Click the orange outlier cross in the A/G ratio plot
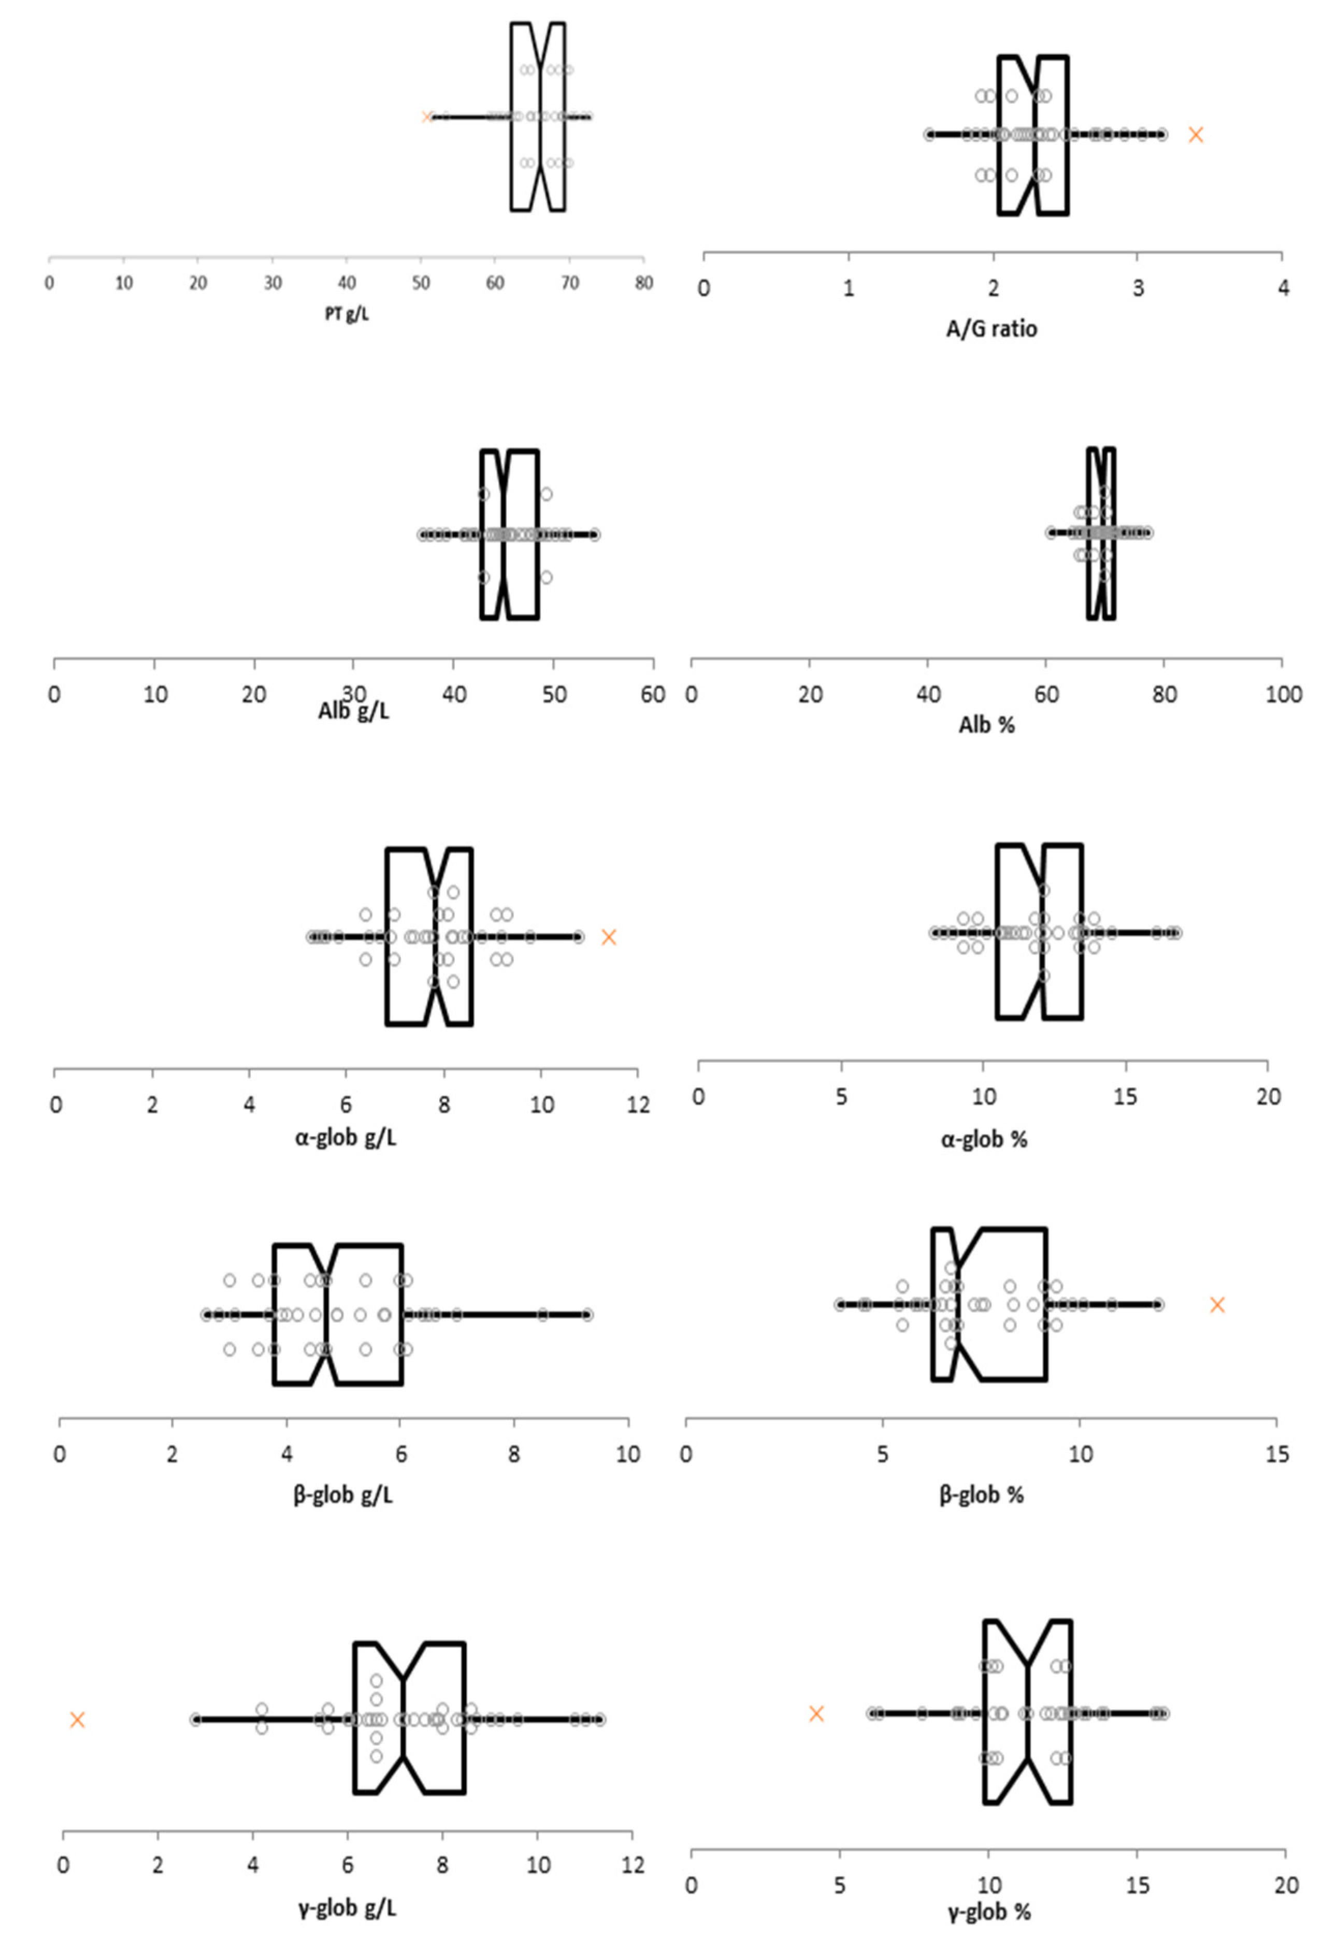(1196, 135)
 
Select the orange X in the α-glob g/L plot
(609, 937)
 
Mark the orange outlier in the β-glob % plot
(1217, 1304)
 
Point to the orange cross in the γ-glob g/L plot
(77, 1713)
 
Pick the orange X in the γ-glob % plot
(816, 1707)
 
